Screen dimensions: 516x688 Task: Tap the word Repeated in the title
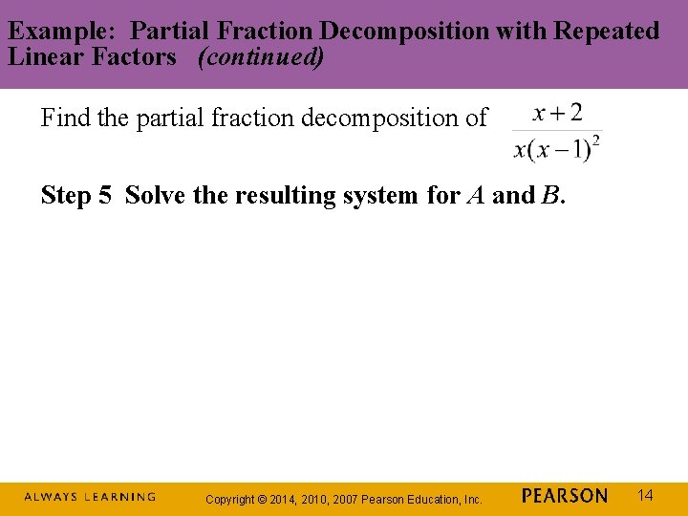coord(602,31)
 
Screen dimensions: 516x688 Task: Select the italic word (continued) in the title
coord(260,56)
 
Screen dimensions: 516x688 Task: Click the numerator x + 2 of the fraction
coord(557,114)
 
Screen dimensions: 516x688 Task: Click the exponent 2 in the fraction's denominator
coord(596,141)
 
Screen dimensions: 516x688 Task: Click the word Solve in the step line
coord(155,196)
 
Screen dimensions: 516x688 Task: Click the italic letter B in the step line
coord(550,196)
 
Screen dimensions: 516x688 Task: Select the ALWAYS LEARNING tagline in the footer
coord(90,497)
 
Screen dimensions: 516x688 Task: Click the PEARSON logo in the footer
coord(565,496)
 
